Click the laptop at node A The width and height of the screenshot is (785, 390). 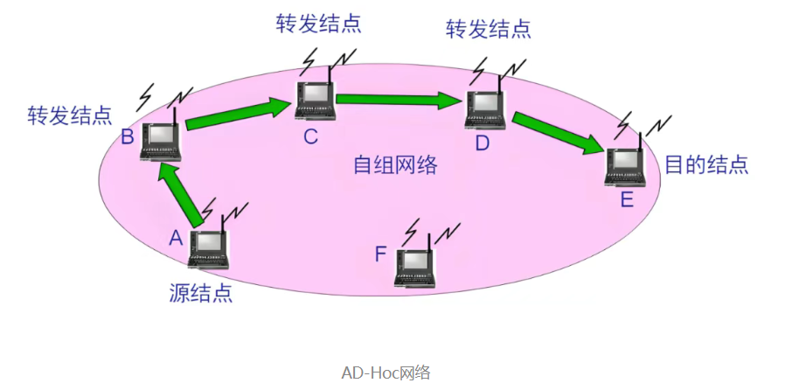[208, 250]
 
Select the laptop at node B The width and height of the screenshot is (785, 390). [161, 141]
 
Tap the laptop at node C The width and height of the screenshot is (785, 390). [316, 100]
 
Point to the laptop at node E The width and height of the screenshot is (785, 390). [625, 166]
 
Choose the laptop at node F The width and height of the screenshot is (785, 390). [416, 268]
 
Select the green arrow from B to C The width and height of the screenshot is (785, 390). [238, 113]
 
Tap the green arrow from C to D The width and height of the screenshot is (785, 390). [399, 99]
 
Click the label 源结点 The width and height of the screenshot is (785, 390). [200, 292]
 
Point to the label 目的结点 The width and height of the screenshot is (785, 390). [706, 165]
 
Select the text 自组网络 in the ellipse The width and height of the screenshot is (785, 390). [394, 164]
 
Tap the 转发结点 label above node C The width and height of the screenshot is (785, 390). [318, 23]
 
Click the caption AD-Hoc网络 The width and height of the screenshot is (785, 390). [386, 372]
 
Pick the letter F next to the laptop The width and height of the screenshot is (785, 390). [380, 254]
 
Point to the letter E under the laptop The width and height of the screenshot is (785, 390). [626, 199]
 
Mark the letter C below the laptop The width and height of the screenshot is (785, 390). [311, 136]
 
